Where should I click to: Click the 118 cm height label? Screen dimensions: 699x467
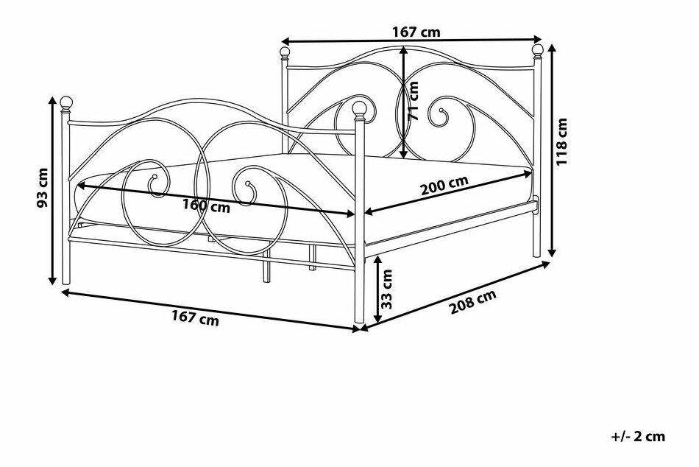click(562, 141)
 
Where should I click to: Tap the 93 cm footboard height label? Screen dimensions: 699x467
click(43, 188)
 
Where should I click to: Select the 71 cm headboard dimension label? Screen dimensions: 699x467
click(414, 101)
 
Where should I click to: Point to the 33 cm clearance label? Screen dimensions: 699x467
click(387, 289)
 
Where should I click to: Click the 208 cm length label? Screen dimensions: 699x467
click(472, 302)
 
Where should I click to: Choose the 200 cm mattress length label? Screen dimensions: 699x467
click(445, 186)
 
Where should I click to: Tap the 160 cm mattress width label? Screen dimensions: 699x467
click(207, 206)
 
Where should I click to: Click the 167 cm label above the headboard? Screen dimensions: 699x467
click(416, 32)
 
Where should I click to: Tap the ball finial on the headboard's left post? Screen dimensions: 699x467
click(285, 52)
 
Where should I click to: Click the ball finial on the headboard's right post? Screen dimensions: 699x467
click(538, 49)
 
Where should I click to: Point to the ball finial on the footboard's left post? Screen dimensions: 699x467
click(66, 102)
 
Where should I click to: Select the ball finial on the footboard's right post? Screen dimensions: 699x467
click(359, 108)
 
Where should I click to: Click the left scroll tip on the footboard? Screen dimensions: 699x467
click(155, 176)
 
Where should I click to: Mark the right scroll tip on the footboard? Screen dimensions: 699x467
click(248, 183)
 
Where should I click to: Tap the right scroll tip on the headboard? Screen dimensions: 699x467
click(441, 110)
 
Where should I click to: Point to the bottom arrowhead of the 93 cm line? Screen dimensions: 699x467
click(52, 281)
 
